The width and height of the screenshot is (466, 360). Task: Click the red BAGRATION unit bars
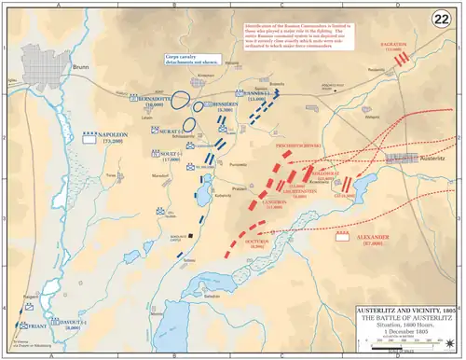(x=404, y=59)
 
